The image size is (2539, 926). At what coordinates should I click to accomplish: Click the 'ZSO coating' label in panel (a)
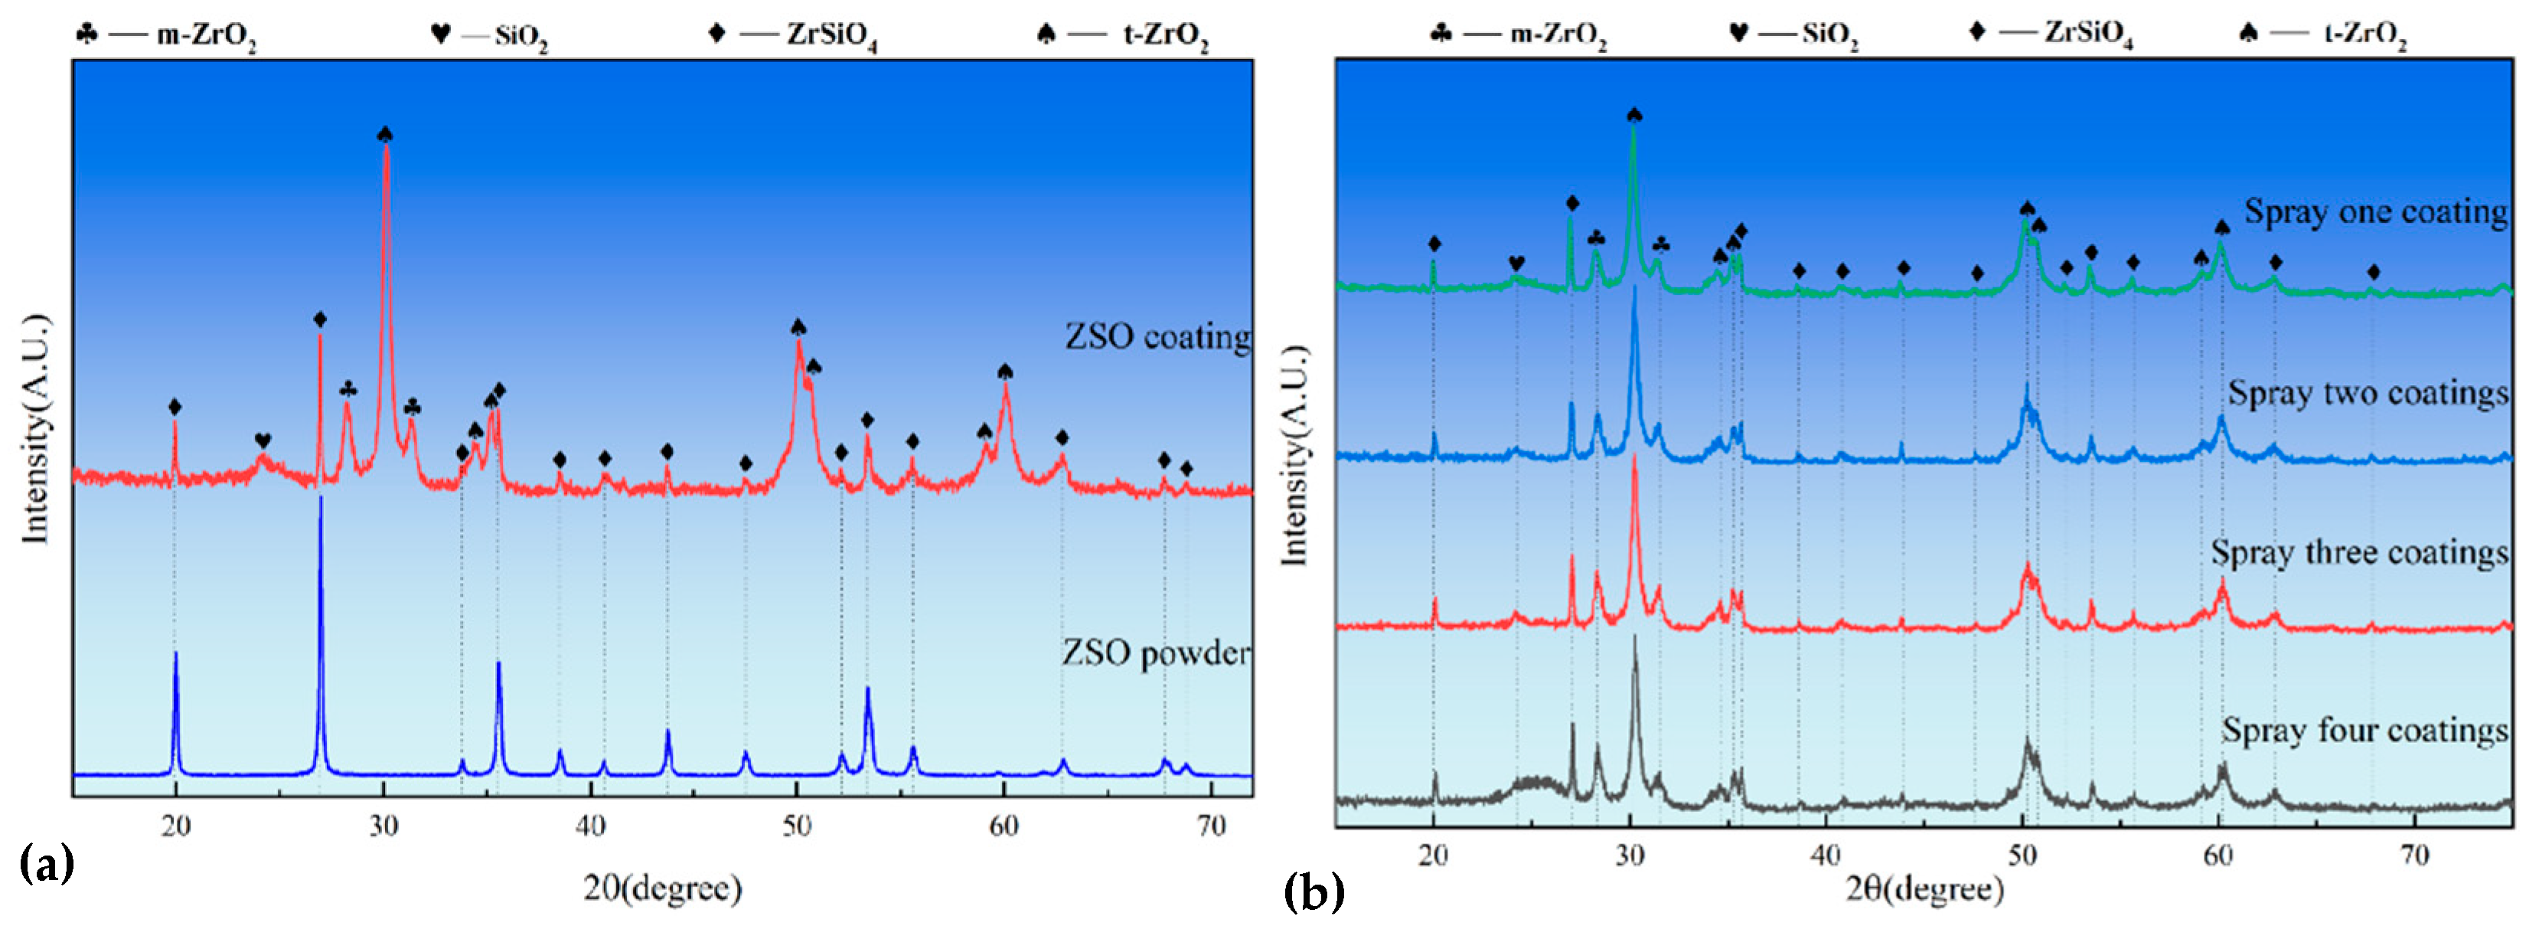point(1157,337)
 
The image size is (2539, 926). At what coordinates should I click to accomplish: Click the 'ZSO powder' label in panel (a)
point(1155,653)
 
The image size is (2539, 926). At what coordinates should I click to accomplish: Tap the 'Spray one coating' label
point(2375,212)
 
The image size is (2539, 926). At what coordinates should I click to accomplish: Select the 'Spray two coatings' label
point(2368,394)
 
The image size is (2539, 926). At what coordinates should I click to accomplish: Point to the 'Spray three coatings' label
point(2358,552)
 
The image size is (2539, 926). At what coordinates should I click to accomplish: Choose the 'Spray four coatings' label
point(2364,731)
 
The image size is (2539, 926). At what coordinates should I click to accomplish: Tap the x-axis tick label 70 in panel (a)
point(1210,826)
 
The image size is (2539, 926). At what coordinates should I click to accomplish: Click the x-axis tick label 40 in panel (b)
point(1826,855)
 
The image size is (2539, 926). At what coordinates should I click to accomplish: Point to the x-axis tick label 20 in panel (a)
point(176,826)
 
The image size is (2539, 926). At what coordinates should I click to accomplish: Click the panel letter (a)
point(47,865)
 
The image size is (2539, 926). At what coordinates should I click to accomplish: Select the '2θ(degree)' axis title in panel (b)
point(1924,888)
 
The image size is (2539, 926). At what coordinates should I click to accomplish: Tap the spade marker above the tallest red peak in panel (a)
point(385,134)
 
